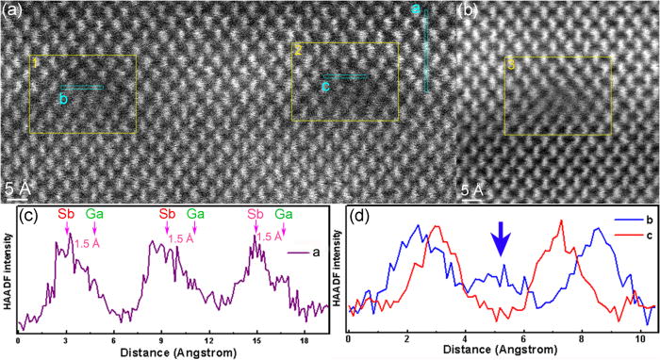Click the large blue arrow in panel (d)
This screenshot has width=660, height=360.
coord(502,243)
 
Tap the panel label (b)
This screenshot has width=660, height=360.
coord(471,11)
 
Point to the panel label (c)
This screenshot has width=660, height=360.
coord(28,213)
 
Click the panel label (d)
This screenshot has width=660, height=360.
coord(360,213)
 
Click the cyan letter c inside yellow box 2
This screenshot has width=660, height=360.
coord(325,88)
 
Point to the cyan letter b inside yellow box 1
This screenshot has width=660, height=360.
coord(63,99)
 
